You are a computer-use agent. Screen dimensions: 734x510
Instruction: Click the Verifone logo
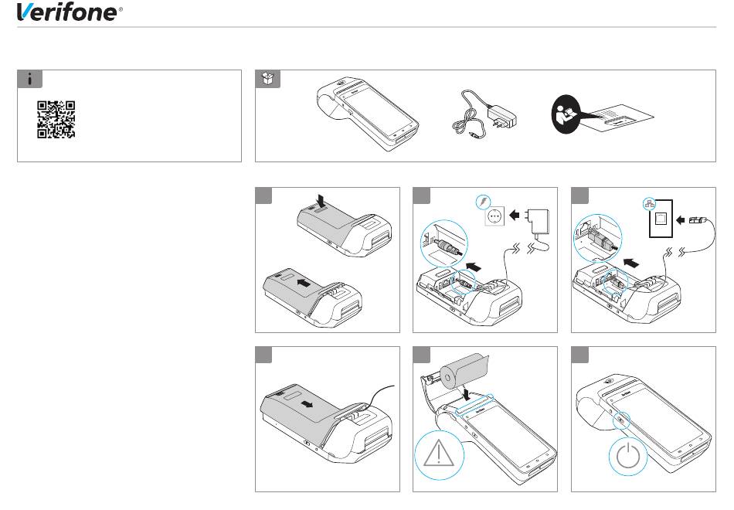coord(70,12)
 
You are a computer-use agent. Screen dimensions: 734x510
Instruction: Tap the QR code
coord(56,120)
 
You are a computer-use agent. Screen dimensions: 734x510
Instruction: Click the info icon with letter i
coord(29,79)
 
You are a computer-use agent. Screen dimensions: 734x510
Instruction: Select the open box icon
coord(268,79)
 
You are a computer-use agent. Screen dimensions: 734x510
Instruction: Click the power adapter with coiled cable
coord(484,114)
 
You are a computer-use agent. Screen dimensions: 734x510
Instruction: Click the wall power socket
coord(494,216)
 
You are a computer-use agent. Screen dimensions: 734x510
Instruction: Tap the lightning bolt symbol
coord(483,202)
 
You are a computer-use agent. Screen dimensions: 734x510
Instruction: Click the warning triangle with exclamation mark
coord(439,454)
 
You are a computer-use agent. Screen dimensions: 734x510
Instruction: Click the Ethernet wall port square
coord(661,219)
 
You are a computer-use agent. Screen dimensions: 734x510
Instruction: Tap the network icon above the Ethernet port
coord(649,203)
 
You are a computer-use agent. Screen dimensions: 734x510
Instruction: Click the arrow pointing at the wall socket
coord(514,216)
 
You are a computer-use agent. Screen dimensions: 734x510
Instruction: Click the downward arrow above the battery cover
coord(321,199)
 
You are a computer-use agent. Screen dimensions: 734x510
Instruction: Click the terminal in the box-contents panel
coord(368,113)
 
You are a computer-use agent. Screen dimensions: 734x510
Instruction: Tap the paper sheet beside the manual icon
coord(618,118)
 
